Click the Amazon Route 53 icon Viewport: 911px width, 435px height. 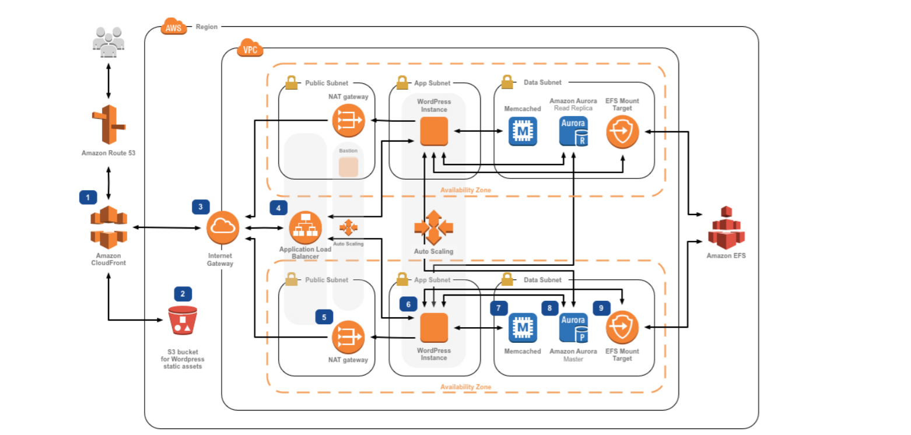pyautogui.click(x=108, y=124)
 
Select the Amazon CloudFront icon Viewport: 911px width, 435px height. pyautogui.click(x=108, y=227)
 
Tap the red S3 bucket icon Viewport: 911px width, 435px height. pyautogui.click(x=183, y=320)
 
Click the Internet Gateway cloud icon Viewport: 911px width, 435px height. pyautogui.click(x=222, y=227)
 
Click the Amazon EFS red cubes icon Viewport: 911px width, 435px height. pyautogui.click(x=726, y=228)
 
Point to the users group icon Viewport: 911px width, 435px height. pyautogui.click(x=108, y=41)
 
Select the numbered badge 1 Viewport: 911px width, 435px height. pyautogui.click(x=88, y=198)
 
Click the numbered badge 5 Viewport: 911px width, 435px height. pyautogui.click(x=324, y=317)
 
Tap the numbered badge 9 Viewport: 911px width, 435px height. pyautogui.click(x=602, y=308)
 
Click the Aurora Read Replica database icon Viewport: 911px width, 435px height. pyautogui.click(x=573, y=131)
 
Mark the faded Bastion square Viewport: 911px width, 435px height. pyautogui.click(x=348, y=167)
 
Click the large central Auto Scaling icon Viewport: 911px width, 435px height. pyautogui.click(x=433, y=227)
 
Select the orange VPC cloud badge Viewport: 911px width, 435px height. pyautogui.click(x=250, y=49)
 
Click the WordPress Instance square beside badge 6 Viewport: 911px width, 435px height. pyautogui.click(x=434, y=327)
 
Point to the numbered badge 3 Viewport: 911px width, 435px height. pyautogui.click(x=201, y=206)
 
